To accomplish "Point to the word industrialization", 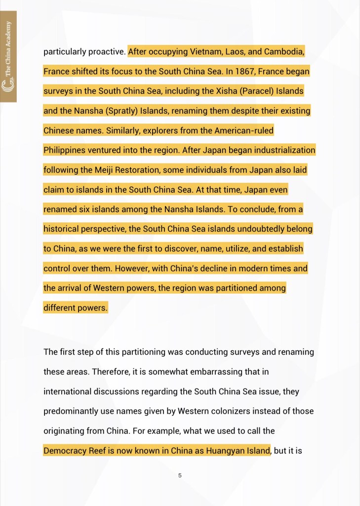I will tap(283, 150).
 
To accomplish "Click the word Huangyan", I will tap(223, 451).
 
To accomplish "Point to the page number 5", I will tap(180, 475).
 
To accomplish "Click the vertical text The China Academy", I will tap(8, 55).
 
